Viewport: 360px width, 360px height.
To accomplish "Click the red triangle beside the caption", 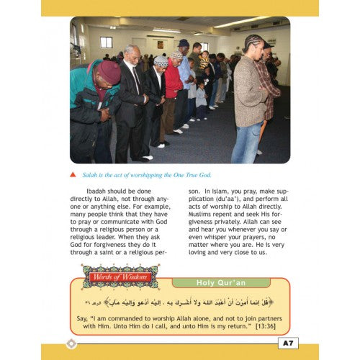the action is (73, 174).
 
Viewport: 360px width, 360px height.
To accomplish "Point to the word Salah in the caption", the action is (88, 175).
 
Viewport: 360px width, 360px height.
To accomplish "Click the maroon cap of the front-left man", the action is (107, 72).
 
